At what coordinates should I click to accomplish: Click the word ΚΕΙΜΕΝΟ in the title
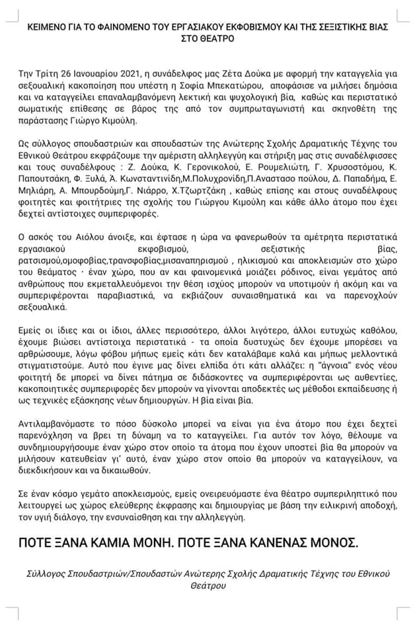[49, 28]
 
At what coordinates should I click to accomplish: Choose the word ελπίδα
[213, 364]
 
